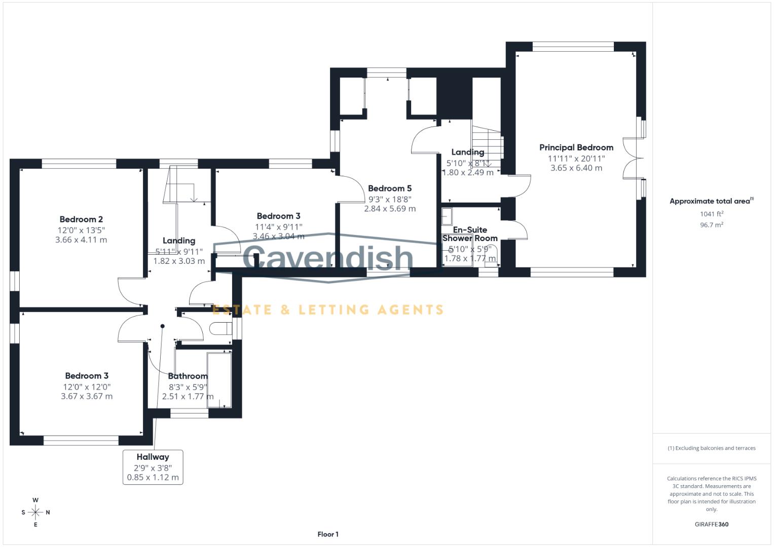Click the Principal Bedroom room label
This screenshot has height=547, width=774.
[576, 147]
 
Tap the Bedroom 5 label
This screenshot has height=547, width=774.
[389, 188]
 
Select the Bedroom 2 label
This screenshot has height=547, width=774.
[81, 219]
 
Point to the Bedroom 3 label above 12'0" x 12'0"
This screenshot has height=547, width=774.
[87, 376]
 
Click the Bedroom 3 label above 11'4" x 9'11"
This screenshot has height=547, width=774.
[278, 216]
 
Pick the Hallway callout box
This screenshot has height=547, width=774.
[153, 466]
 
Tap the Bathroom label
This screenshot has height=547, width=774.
[188, 376]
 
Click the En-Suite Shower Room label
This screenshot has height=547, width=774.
[470, 234]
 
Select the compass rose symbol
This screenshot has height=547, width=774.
[35, 512]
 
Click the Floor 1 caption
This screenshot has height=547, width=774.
[327, 534]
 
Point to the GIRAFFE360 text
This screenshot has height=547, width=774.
[711, 524]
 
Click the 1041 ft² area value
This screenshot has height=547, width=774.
[711, 214]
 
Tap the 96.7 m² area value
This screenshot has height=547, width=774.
[711, 225]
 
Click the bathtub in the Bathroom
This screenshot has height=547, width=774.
[219, 380]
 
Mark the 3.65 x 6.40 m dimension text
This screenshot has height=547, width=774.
[576, 168]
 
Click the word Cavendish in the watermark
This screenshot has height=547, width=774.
[327, 257]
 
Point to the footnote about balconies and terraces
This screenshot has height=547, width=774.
[711, 448]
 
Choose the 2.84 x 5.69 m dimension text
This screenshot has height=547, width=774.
[389, 209]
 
